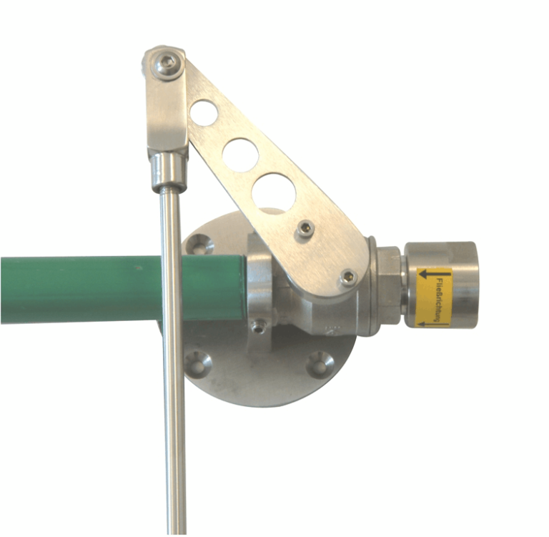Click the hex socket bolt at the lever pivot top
pos(167,64)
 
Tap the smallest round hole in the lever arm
pos(204,113)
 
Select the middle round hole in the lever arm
pos(240,154)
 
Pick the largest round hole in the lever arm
pos(274,193)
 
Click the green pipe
pos(86,290)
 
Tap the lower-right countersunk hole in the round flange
pos(317,364)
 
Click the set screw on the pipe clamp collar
pos(259,326)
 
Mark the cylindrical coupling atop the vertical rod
pos(169,172)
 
